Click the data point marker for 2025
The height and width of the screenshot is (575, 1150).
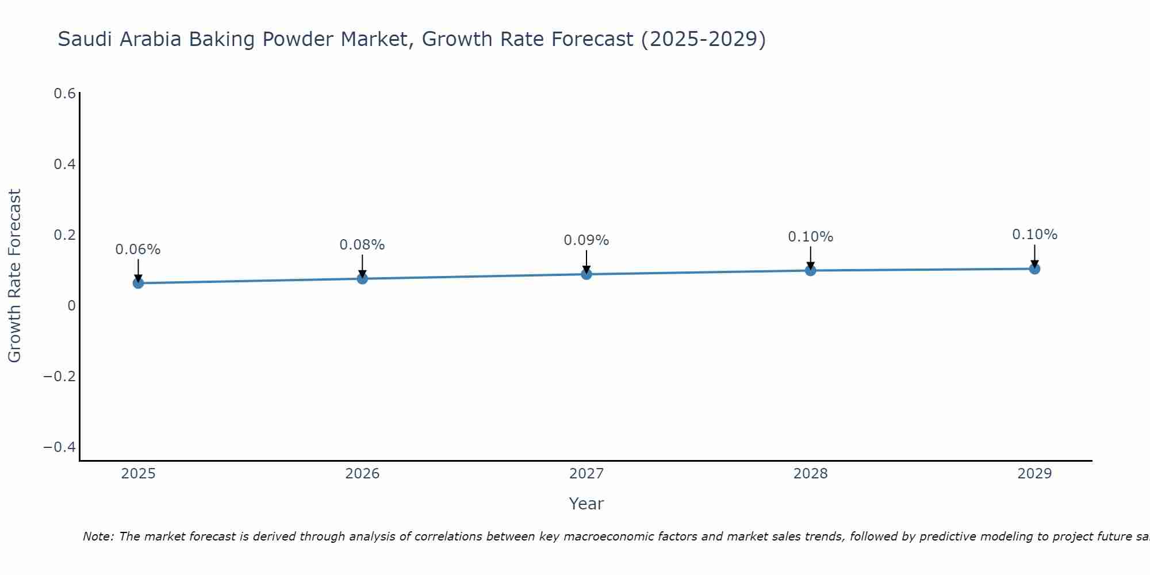[x=138, y=283]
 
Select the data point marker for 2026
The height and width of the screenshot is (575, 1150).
[x=362, y=278]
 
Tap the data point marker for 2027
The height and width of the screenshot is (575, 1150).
[x=586, y=274]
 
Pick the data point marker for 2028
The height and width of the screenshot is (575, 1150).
[x=810, y=270]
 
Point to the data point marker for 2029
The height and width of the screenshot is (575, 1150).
[x=1034, y=269]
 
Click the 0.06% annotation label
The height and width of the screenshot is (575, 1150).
[x=138, y=250]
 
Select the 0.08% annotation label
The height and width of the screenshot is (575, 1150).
[x=362, y=245]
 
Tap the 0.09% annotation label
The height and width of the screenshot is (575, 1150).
[x=586, y=240]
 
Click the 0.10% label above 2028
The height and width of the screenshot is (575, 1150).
[x=810, y=237]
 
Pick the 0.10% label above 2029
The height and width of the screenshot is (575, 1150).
[x=1034, y=235]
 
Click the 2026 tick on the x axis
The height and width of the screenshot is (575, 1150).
[x=362, y=474]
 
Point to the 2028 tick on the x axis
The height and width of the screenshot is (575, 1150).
[x=810, y=474]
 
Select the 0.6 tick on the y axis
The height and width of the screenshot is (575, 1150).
[x=64, y=93]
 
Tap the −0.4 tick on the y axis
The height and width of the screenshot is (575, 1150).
[x=60, y=447]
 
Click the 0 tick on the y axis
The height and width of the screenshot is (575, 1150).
[x=71, y=306]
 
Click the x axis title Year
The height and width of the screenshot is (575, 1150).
[x=586, y=504]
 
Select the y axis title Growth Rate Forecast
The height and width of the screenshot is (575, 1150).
[x=14, y=276]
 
